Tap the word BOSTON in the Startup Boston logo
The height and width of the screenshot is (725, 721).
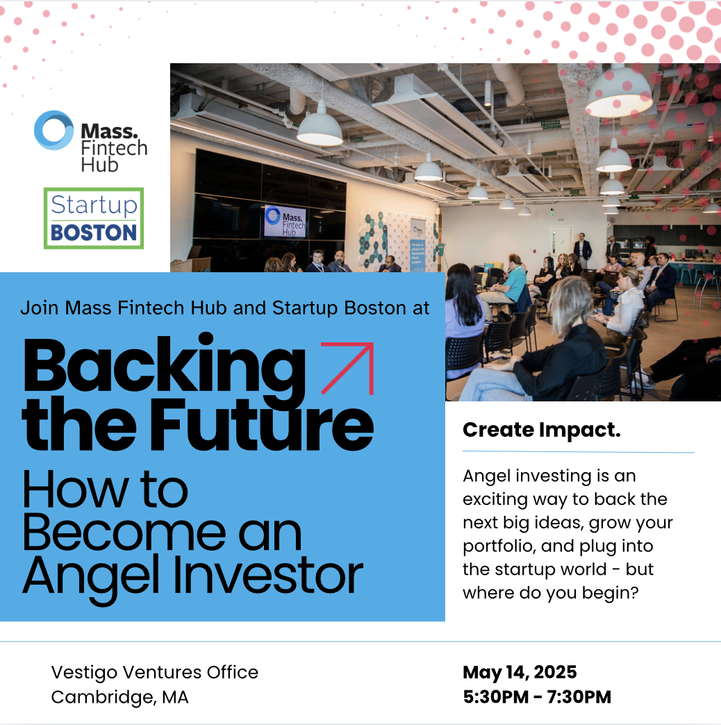point(93,233)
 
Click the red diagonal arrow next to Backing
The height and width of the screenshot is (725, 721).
point(347,368)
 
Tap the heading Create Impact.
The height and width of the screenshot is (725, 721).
point(542,430)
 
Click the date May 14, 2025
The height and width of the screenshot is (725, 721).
point(520,672)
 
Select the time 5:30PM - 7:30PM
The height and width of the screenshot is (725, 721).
point(537,697)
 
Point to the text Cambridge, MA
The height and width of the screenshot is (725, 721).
point(119,697)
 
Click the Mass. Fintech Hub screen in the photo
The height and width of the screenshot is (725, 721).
point(285,222)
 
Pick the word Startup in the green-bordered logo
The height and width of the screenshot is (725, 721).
point(94,205)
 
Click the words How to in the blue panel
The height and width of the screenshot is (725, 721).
point(105,490)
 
